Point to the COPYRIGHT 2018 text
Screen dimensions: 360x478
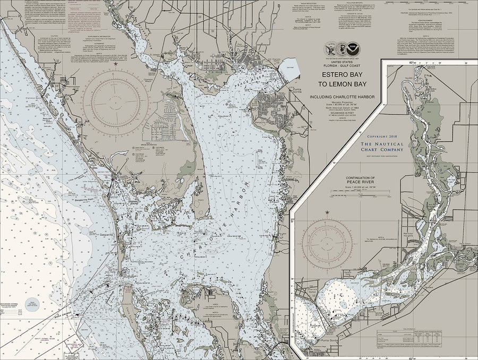pyautogui.click(x=381, y=137)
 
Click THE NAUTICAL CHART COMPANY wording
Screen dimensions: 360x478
pyautogui.click(x=381, y=147)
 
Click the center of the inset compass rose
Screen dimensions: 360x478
pyautogui.click(x=327, y=245)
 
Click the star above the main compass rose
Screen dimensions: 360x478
pyautogui.click(x=116, y=63)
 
